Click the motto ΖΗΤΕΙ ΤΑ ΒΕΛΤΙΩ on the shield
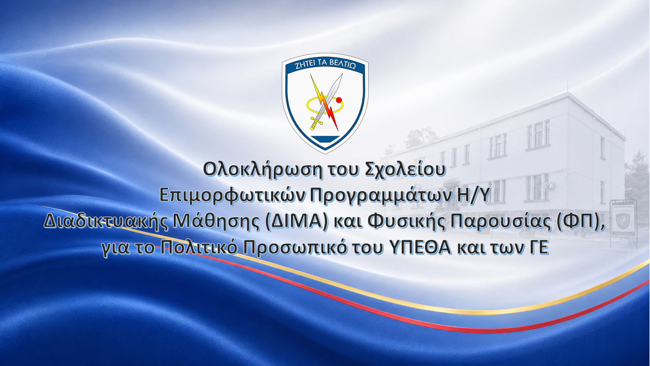(325, 66)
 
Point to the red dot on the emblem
(339, 100)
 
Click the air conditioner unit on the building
(550, 185)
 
